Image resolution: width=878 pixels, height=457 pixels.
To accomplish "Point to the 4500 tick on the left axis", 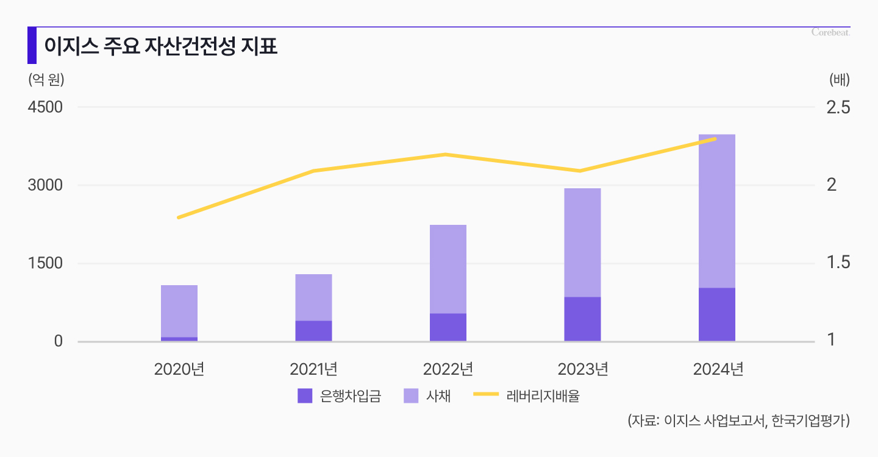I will tap(46, 107).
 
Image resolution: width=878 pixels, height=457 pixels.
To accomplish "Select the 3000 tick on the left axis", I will tap(46, 185).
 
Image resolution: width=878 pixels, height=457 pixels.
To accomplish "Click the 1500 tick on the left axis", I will tap(46, 263).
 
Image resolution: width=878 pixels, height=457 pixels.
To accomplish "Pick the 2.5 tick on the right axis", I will tap(838, 107).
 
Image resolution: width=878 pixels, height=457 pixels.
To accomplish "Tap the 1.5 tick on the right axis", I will tap(838, 263).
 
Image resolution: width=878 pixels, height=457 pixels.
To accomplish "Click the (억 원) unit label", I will tap(46, 79).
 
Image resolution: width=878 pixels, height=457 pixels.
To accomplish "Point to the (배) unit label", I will tap(839, 79).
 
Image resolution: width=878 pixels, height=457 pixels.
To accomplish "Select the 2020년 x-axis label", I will tap(179, 369).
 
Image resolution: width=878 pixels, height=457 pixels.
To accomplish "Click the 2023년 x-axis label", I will tap(583, 369).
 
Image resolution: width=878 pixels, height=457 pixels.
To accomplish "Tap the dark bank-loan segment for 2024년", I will tap(717, 314).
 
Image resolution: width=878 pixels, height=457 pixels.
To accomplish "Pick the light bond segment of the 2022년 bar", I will tap(448, 269).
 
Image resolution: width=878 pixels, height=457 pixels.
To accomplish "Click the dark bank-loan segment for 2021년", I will tap(313, 331).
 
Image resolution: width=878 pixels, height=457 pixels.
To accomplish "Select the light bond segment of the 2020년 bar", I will tap(179, 311).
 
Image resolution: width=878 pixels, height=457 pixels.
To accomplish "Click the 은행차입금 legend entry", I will tap(340, 396).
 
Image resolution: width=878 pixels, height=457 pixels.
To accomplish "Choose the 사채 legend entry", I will tap(427, 396).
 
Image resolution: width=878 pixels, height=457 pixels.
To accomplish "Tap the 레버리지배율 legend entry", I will tap(527, 396).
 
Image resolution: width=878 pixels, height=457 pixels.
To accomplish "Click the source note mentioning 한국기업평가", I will tap(738, 421).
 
